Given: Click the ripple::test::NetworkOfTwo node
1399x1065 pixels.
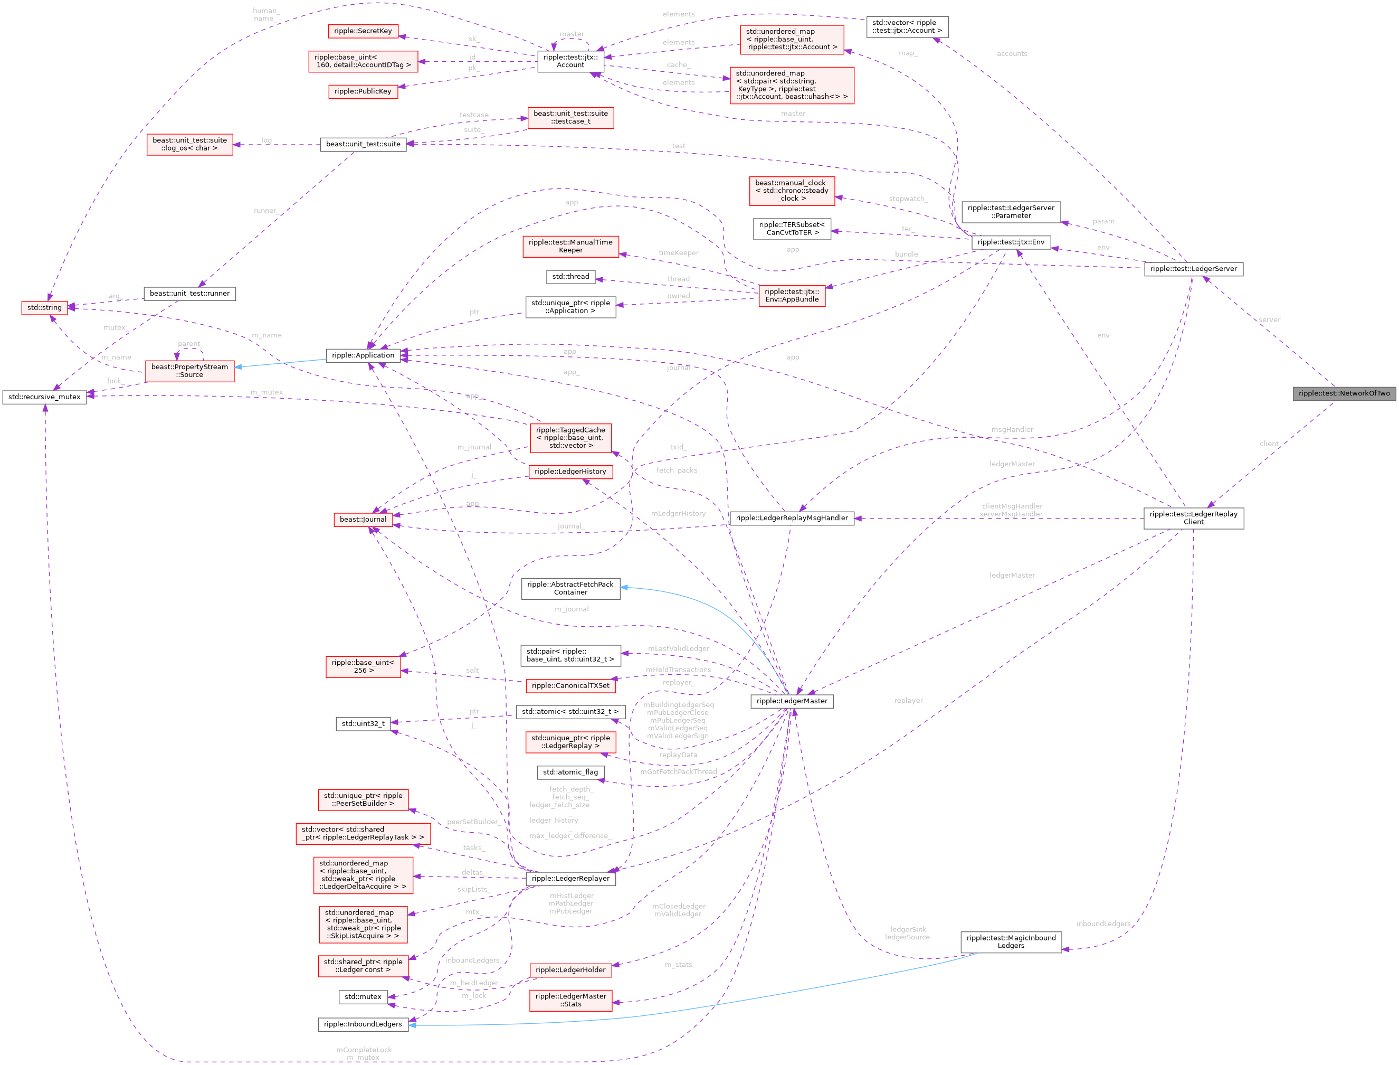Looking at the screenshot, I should click(1344, 393).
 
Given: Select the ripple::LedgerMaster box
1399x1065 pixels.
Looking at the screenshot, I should click(792, 701).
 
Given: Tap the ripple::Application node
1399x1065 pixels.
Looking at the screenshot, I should click(363, 355).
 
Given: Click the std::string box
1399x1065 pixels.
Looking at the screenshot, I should click(44, 307).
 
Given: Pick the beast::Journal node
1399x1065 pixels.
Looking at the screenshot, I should click(363, 519).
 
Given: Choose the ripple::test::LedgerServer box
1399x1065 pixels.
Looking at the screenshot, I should click(1193, 269).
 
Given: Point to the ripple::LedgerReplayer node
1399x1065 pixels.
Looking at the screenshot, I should click(570, 878).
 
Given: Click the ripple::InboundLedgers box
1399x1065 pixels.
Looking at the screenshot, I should click(363, 1024).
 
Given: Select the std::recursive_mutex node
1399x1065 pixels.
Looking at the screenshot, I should click(44, 397).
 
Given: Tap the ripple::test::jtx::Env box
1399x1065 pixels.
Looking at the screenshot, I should click(1011, 242).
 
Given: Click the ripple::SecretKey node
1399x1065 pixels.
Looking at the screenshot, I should click(363, 31).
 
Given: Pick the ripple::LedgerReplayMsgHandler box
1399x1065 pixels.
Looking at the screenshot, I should click(792, 518).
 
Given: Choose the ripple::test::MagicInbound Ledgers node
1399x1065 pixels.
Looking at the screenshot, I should click(1011, 941).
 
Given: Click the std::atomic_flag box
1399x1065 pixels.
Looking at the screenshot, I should click(570, 772).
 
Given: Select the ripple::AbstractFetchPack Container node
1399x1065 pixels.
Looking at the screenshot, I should click(570, 588).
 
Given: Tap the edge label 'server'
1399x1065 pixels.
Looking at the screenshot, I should click(1269, 319).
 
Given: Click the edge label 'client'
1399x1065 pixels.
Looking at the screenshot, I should click(1269, 443).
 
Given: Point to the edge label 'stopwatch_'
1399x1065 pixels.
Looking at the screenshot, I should click(908, 199).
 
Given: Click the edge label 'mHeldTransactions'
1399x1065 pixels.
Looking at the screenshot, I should click(678, 670).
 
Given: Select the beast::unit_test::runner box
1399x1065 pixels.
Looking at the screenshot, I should click(189, 294).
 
